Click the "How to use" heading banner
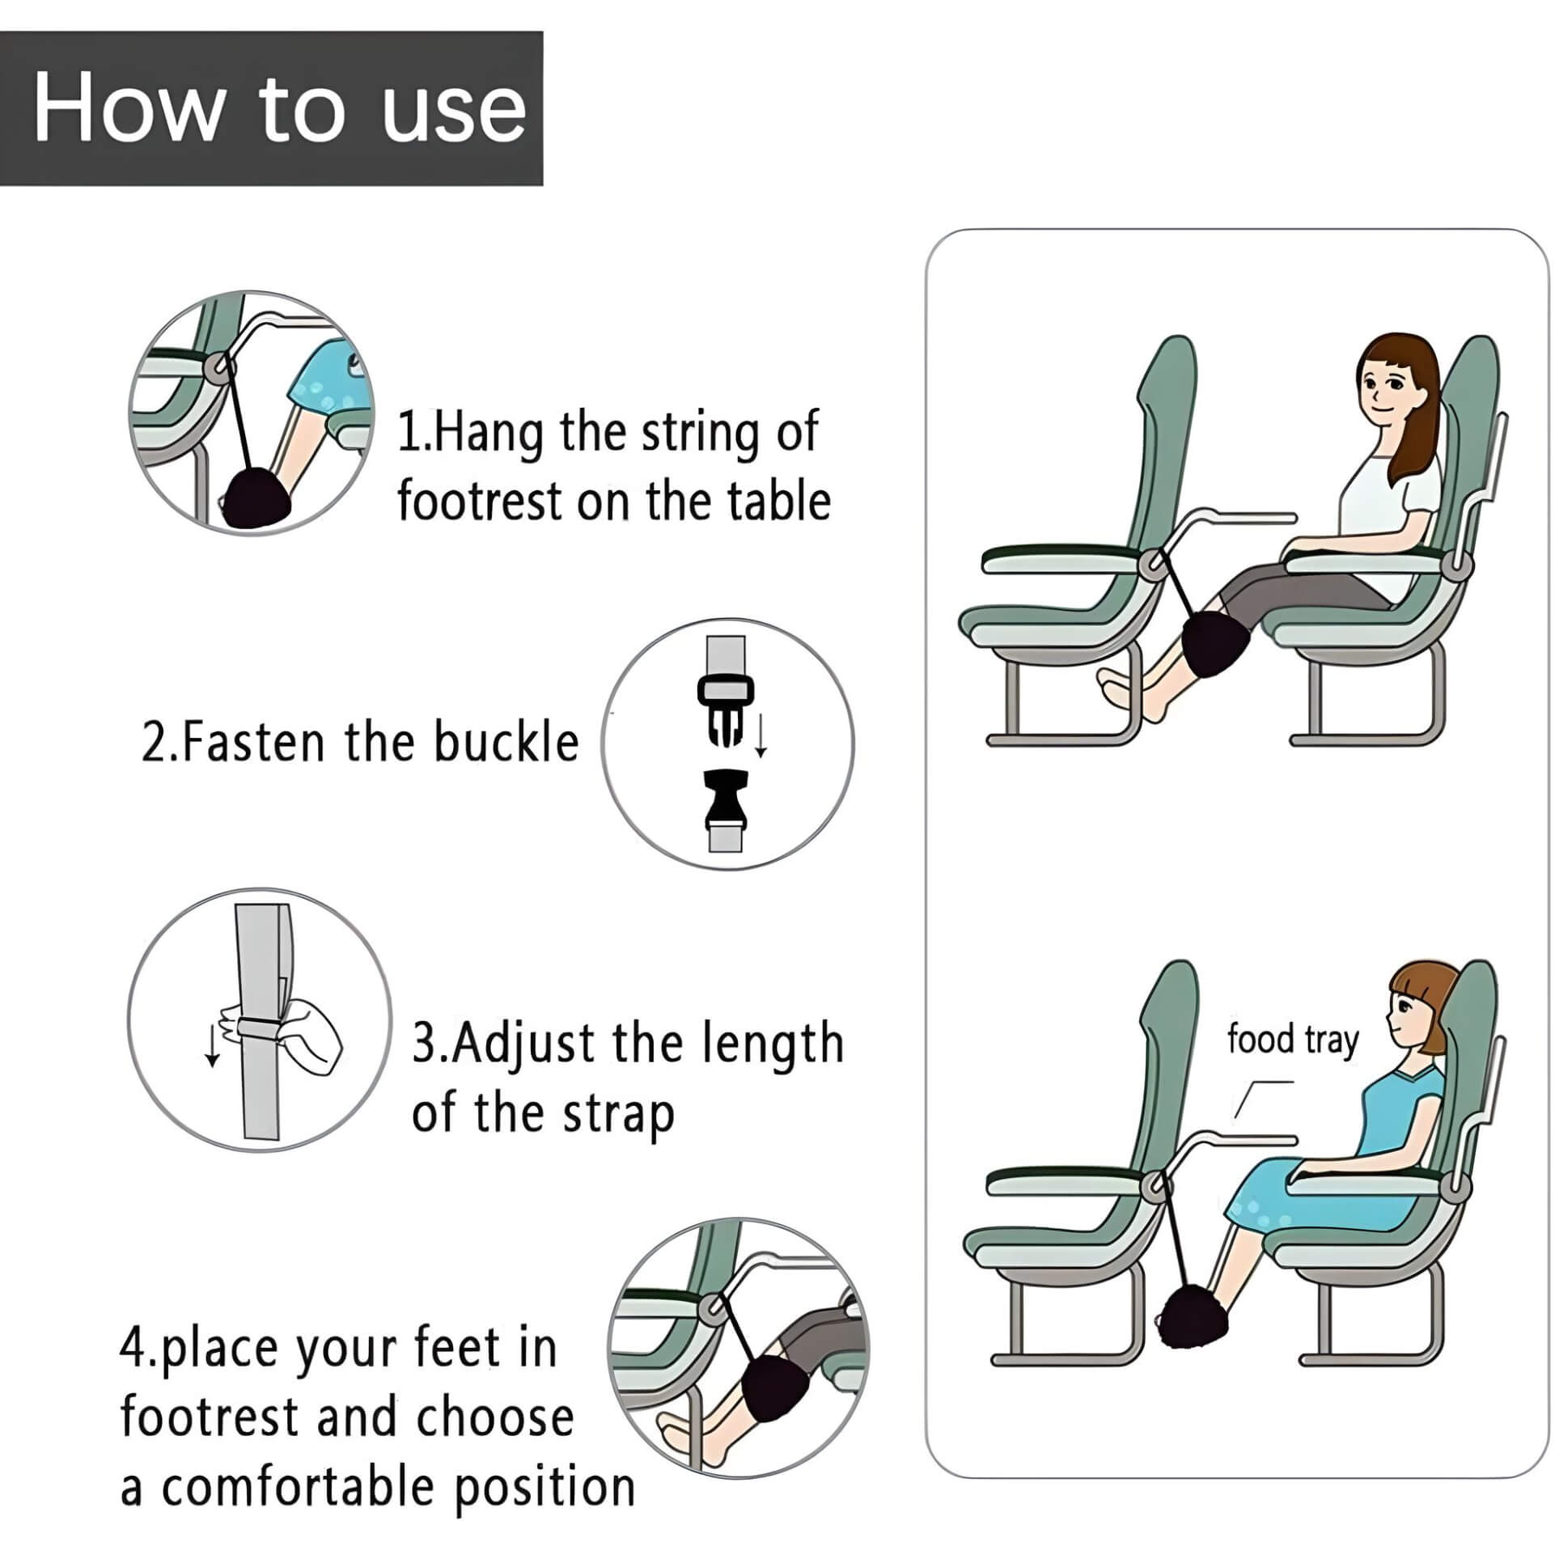coord(272,108)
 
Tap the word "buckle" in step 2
coord(506,743)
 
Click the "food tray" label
coord(1292,1040)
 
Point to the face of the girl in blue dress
coord(1406,1012)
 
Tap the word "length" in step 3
coord(773,1044)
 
